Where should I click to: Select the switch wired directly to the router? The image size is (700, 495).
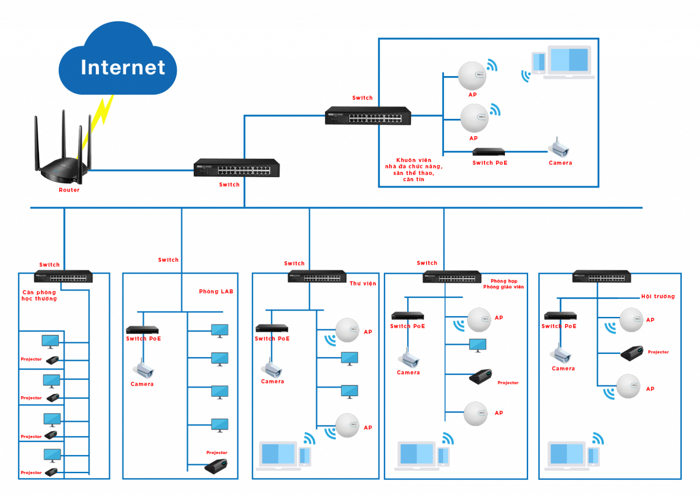coord(237,168)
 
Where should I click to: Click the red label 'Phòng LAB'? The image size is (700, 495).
coord(216,291)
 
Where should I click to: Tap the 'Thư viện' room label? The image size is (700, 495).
coord(363,283)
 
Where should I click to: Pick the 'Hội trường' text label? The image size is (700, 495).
coord(658,296)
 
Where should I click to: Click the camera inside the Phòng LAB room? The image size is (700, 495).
coord(143,369)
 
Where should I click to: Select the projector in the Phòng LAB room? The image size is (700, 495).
coord(216,466)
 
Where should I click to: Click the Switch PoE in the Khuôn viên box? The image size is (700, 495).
coord(489,152)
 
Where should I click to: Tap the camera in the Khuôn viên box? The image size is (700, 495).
coord(558,148)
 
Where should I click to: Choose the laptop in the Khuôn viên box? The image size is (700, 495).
coord(569,62)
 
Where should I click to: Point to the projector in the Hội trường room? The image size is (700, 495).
coord(632,353)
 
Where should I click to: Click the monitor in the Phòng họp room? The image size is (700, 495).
coord(477,345)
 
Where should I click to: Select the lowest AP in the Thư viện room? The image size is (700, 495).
coord(347,425)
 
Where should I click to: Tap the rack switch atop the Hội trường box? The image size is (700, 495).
coord(602,276)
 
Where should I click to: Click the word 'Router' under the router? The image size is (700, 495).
coord(69,190)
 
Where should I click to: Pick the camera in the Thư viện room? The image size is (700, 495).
coord(272,368)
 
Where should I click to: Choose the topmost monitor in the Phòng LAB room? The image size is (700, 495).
coord(220,331)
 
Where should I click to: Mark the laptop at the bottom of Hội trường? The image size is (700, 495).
coord(567,456)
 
